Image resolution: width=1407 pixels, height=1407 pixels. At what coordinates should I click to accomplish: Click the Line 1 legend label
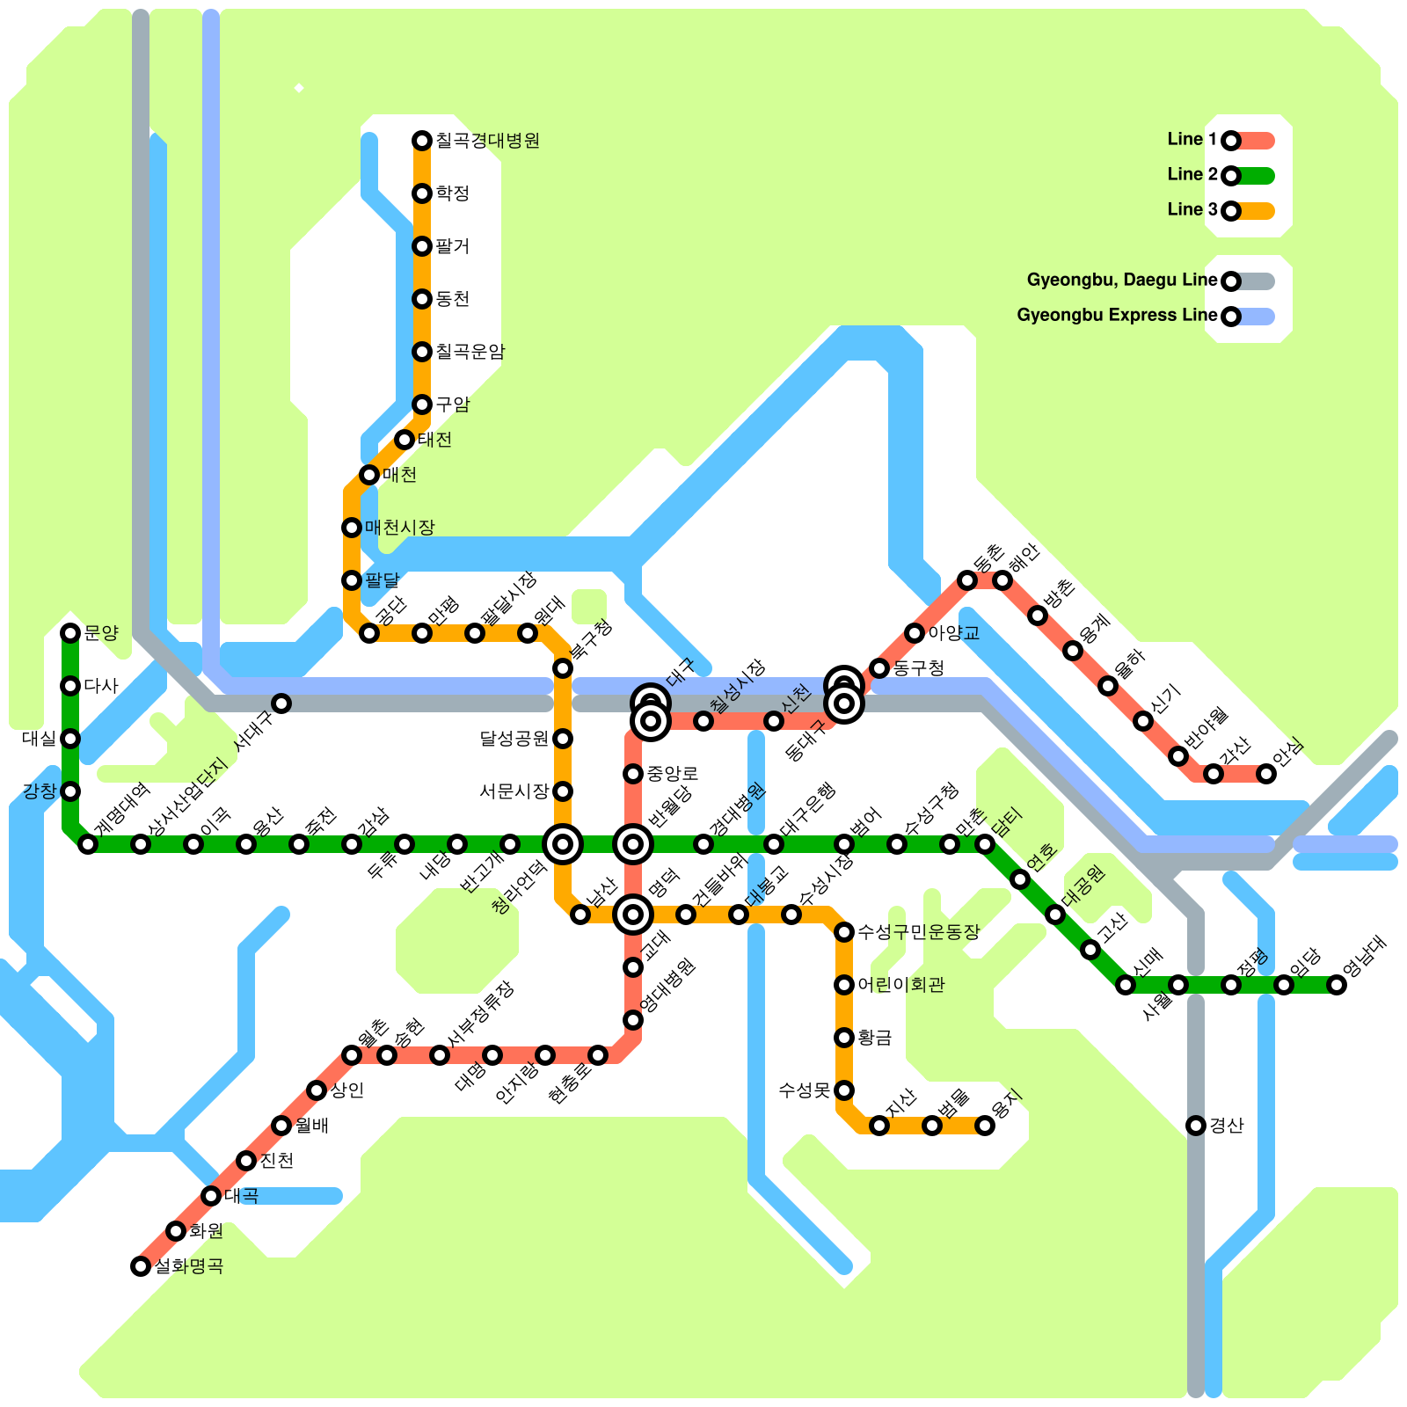pos(1192,140)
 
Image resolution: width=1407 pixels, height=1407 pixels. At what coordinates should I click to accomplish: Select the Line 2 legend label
pos(1192,175)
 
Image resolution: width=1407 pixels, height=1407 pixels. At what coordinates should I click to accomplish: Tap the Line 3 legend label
pos(1192,210)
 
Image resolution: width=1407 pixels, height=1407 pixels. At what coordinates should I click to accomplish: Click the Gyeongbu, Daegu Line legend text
pos(1122,281)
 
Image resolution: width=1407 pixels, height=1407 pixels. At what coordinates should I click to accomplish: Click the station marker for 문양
pos(70,633)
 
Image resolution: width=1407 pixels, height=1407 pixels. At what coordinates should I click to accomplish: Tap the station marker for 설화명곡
pos(141,1266)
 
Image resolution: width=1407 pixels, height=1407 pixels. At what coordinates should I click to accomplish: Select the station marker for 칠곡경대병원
pos(422,141)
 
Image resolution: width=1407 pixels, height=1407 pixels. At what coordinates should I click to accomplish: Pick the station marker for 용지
pos(985,1126)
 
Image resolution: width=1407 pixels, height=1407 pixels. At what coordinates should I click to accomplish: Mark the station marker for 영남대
pos(1337,985)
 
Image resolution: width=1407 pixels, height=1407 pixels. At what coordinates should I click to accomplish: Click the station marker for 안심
pos(1266,774)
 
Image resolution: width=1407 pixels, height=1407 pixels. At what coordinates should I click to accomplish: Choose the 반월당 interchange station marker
pos(633,844)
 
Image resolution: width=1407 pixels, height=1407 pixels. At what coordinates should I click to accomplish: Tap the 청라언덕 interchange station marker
pos(563,844)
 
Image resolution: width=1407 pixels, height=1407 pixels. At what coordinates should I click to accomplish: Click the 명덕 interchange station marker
pos(633,915)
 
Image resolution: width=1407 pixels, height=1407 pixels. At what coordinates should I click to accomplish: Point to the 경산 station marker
pos(1196,1126)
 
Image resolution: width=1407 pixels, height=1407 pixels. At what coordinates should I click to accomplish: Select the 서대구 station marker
pos(281,703)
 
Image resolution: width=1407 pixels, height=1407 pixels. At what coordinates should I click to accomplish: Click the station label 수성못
pos(804,1090)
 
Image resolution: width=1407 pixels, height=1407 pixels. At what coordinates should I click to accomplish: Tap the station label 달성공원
pos(514,739)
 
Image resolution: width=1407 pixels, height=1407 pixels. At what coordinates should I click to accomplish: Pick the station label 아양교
pos(953,633)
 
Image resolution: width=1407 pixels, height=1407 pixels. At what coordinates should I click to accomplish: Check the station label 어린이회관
pos(900,985)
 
